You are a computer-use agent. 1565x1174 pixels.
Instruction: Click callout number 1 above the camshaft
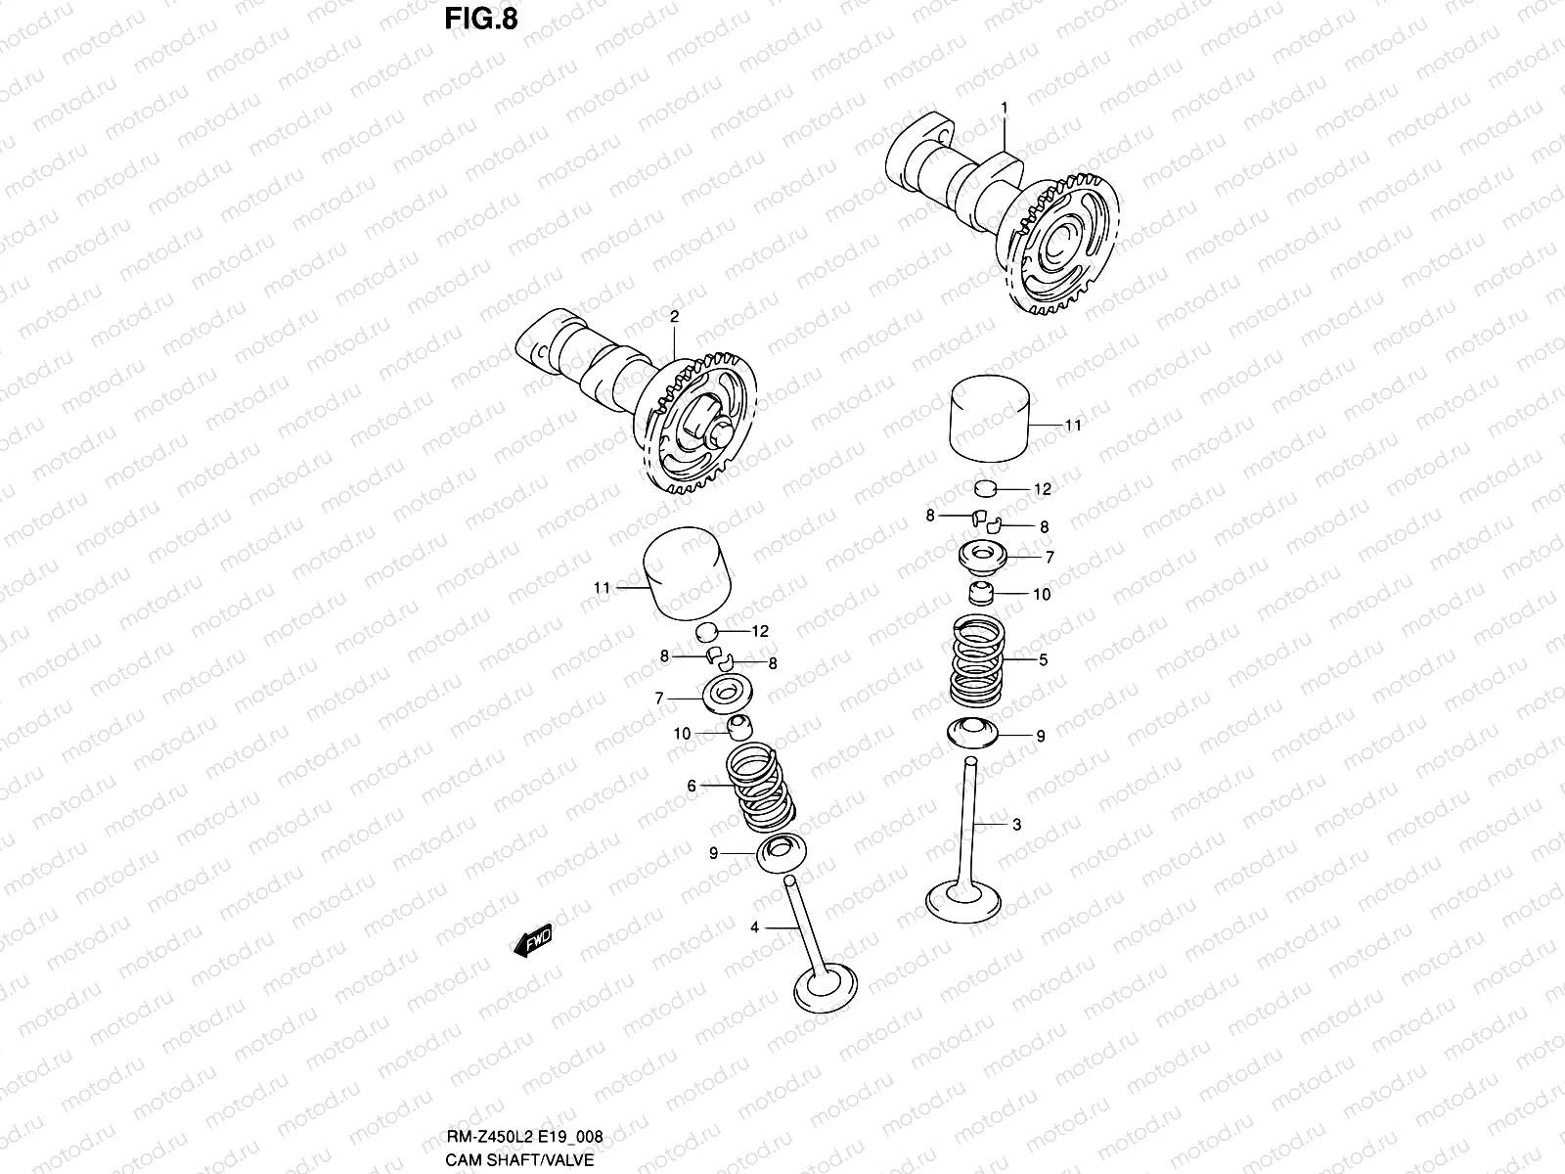[x=1003, y=106]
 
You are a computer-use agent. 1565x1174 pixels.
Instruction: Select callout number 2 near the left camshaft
[x=674, y=316]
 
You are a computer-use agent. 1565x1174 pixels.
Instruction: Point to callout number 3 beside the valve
[x=1016, y=825]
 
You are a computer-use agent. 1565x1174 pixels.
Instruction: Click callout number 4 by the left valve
[x=754, y=926]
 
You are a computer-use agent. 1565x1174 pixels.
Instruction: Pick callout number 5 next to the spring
[x=1043, y=660]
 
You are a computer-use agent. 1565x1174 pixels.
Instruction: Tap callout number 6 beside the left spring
[x=691, y=786]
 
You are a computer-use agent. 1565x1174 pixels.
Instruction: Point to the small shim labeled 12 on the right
[x=987, y=487]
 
